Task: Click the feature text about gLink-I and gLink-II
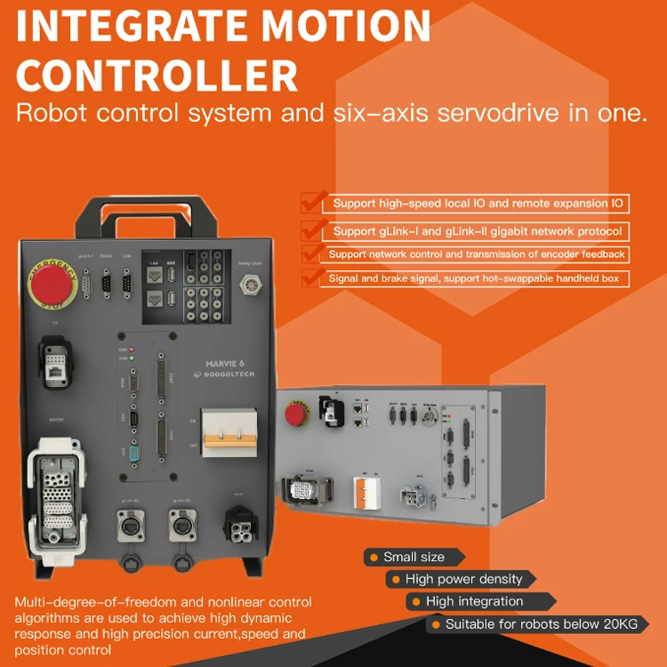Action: tap(478, 231)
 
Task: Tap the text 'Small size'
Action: tap(414, 557)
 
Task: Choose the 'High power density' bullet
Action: tap(463, 579)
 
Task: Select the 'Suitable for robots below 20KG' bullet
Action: tap(541, 624)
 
